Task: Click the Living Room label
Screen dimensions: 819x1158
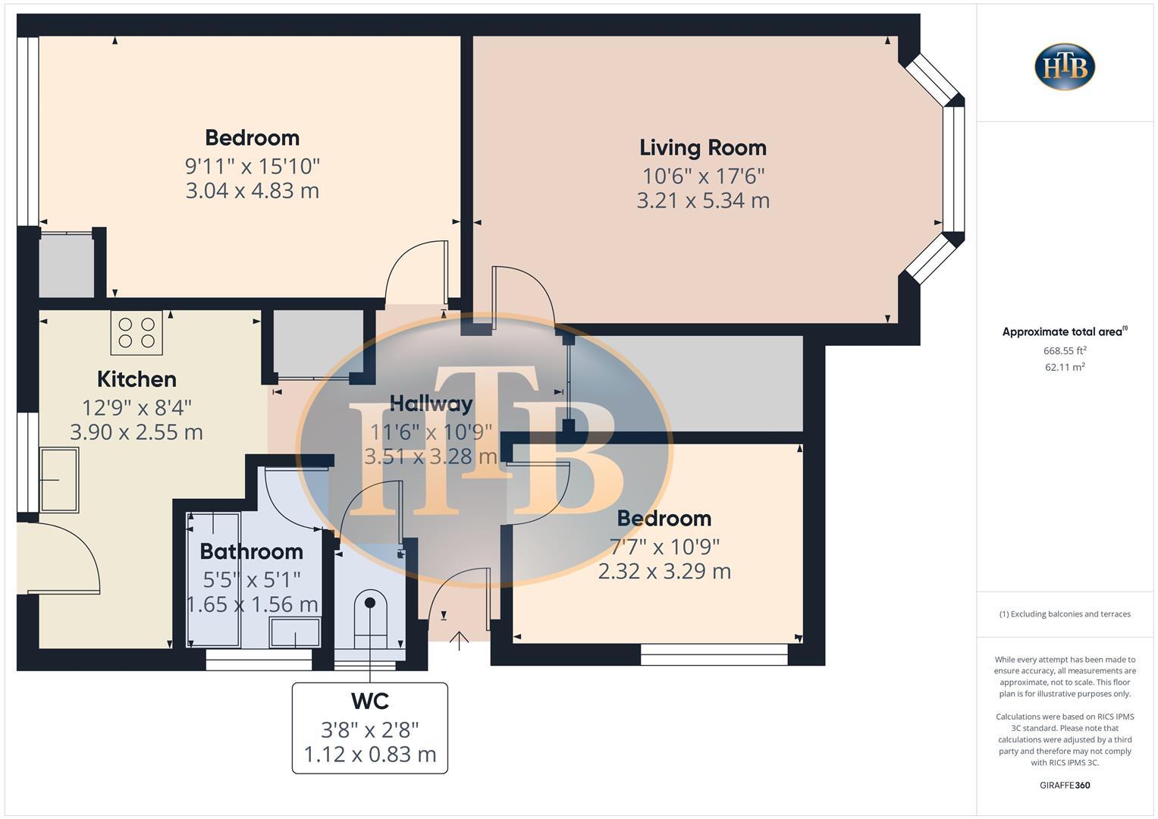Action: coord(702,148)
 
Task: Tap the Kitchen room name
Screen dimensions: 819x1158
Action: coord(137,379)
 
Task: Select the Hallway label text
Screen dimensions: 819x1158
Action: coord(431,403)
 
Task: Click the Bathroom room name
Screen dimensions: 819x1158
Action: coord(251,551)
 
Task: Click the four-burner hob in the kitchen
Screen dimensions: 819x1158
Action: coord(137,333)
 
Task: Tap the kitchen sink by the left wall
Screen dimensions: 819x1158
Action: coord(59,479)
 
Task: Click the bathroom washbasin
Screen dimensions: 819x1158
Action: coord(295,632)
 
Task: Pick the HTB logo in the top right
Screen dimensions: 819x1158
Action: coord(1065,67)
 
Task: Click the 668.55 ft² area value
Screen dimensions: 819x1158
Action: coord(1065,350)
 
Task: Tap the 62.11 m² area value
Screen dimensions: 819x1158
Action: coord(1065,367)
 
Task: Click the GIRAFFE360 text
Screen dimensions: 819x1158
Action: coord(1065,785)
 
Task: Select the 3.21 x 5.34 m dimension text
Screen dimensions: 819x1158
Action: coord(703,201)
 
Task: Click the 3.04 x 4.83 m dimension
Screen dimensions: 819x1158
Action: coord(252,190)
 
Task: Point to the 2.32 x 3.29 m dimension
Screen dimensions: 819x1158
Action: coord(664,571)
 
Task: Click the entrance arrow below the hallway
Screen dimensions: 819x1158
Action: coord(459,641)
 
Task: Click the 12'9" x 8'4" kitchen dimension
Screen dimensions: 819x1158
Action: coord(137,407)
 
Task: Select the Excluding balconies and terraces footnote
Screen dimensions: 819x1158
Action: coord(1065,614)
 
